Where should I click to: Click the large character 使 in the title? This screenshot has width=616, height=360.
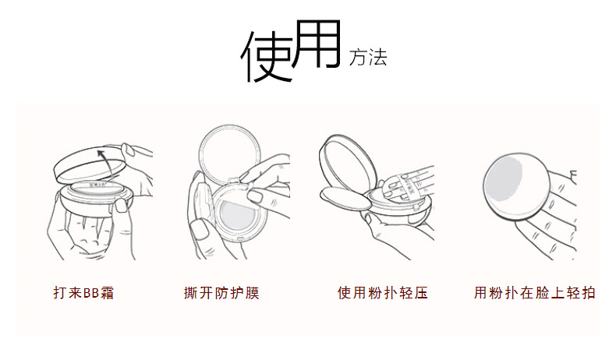click(267, 55)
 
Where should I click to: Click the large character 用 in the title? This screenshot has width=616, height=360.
click(317, 44)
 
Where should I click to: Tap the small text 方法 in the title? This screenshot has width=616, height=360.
click(368, 58)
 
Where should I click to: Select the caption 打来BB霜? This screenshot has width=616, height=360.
click(83, 293)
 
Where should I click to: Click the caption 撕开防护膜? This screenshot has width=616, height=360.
click(221, 293)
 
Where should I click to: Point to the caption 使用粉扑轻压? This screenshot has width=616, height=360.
click(382, 293)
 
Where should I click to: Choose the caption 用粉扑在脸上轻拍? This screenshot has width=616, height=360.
click(534, 293)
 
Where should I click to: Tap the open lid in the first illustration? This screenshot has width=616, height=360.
click(90, 165)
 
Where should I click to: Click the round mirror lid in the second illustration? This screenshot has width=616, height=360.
click(230, 154)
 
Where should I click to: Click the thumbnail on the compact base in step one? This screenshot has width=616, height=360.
click(121, 205)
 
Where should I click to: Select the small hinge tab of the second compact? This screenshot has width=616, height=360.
click(233, 181)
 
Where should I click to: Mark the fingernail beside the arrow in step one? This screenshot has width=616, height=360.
click(127, 149)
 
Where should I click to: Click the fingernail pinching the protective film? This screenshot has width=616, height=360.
click(256, 196)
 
